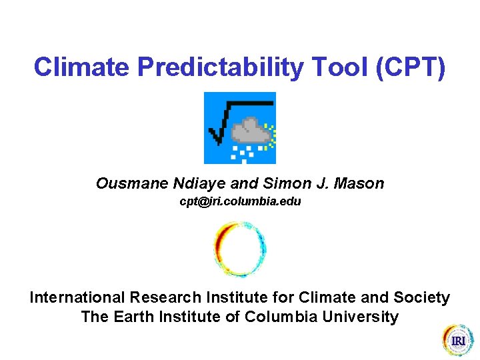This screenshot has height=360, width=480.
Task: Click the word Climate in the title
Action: (x=75, y=67)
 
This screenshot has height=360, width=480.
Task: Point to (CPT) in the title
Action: (x=411, y=67)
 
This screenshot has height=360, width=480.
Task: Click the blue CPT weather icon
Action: (x=239, y=128)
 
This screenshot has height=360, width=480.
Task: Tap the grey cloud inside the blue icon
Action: (x=250, y=131)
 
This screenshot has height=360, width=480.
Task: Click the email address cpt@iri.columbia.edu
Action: (x=240, y=201)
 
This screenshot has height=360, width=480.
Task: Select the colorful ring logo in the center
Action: (x=240, y=249)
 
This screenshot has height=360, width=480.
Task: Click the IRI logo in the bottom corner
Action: (x=457, y=340)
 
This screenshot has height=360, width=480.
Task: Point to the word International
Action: (x=77, y=298)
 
